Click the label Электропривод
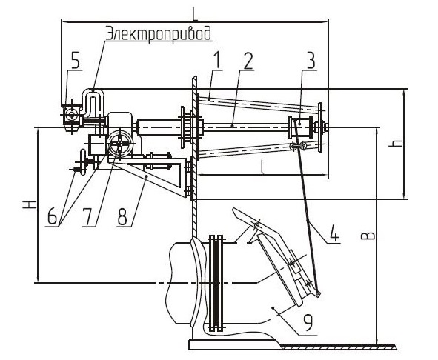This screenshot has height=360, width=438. click(159, 33)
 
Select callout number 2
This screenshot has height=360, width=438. click(248, 61)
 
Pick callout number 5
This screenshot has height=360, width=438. click(75, 60)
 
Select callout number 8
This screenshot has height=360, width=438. click(122, 217)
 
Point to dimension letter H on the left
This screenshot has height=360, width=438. click(30, 204)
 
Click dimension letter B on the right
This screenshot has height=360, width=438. click(371, 236)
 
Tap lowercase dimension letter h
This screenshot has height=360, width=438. click(396, 143)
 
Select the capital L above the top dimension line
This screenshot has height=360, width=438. click(195, 13)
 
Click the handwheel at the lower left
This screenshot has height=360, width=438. click(82, 162)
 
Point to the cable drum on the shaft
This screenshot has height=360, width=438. click(301, 127)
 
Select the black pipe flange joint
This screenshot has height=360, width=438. click(216, 283)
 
